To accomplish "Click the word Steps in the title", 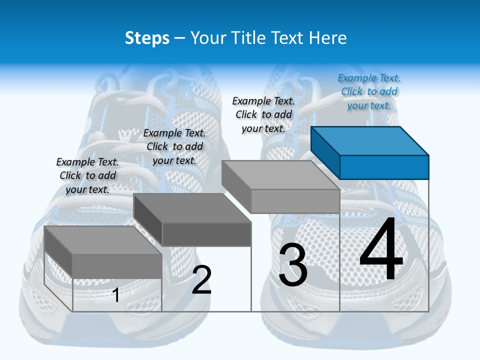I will click(146, 38).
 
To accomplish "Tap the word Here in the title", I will click(328, 38).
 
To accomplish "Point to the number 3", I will click(293, 265).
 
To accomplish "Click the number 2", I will click(201, 280).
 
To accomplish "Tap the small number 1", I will click(116, 295).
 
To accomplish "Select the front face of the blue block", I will click(384, 167).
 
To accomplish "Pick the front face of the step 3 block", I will click(295, 201).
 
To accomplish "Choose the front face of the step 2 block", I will click(206, 234).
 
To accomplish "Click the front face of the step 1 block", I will click(117, 266).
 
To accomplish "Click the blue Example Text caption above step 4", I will click(369, 91).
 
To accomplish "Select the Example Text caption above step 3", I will click(263, 114).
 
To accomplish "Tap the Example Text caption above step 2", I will click(174, 146).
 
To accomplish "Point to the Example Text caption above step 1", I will click(87, 175).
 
